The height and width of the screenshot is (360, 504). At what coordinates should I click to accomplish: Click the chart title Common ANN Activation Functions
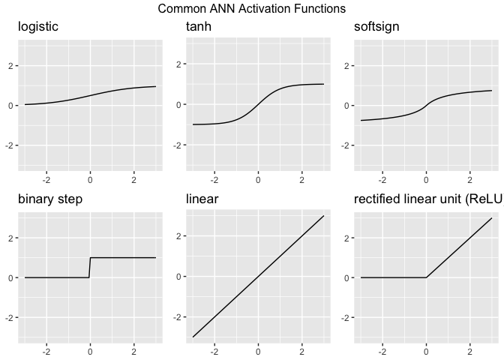click(x=252, y=9)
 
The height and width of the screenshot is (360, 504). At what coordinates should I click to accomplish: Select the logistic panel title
click(x=38, y=28)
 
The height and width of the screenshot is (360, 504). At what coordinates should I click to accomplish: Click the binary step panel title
click(x=50, y=199)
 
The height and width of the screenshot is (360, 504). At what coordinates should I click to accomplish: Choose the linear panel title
click(x=202, y=199)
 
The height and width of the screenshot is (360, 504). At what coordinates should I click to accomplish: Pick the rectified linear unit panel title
click(x=427, y=199)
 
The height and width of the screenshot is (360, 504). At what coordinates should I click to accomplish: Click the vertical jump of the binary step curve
click(x=90, y=268)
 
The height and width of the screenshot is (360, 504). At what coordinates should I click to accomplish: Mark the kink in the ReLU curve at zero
click(x=426, y=277)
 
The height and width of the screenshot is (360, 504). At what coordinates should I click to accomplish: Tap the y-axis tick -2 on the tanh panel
click(x=178, y=145)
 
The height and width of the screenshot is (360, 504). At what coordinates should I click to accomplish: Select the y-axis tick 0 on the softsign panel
click(x=347, y=106)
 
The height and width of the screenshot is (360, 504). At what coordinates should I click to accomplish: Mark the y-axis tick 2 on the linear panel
click(x=179, y=236)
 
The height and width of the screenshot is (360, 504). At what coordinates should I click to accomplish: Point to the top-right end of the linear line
click(x=323, y=216)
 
